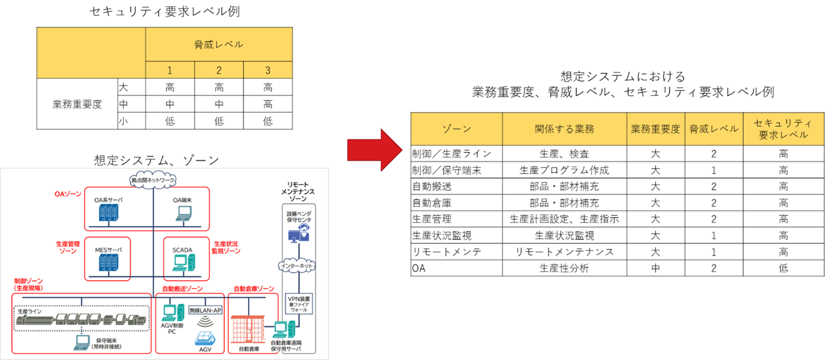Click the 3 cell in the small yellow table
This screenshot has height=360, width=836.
pos(267,70)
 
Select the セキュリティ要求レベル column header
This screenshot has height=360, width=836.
pos(783,129)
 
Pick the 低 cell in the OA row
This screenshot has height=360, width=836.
pos(783,268)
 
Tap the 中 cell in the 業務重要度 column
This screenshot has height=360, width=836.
pos(656,268)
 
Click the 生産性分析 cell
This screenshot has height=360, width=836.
pos(564,268)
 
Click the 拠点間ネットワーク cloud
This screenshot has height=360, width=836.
pos(153,180)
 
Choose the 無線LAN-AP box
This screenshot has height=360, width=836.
pos(205,310)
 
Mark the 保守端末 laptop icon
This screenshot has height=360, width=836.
pos(82,343)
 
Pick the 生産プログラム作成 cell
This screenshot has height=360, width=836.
pos(564,170)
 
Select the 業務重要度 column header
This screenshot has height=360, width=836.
pos(656,129)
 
